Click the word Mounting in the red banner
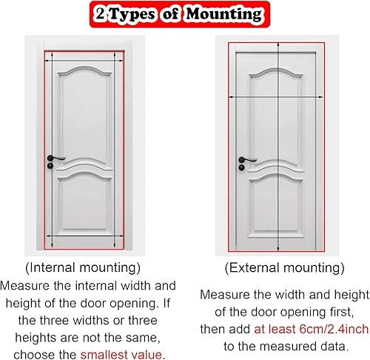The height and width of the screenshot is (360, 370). (x=223, y=14)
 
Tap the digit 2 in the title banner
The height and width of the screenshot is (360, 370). (x=101, y=13)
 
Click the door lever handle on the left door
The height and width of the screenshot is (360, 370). (x=56, y=158)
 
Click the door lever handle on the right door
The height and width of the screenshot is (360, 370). (x=248, y=160)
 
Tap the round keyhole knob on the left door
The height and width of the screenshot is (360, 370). (x=50, y=166)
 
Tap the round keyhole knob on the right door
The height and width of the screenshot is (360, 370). (x=242, y=167)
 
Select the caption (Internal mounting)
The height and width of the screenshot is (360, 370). (x=83, y=268)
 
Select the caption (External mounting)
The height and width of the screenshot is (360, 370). (x=284, y=268)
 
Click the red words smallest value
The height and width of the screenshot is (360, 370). (x=121, y=355)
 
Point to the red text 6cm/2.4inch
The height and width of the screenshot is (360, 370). (x=334, y=329)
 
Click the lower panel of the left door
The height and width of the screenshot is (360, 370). (x=84, y=201)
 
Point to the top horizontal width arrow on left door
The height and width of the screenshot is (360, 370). (x=84, y=60)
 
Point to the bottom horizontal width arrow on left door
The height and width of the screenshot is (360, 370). (x=84, y=236)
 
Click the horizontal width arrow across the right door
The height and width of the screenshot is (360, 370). (x=276, y=97)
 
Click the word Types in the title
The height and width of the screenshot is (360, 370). (x=132, y=14)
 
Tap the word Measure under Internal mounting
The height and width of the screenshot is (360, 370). (x=24, y=286)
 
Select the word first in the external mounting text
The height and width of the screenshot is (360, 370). (x=342, y=312)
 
